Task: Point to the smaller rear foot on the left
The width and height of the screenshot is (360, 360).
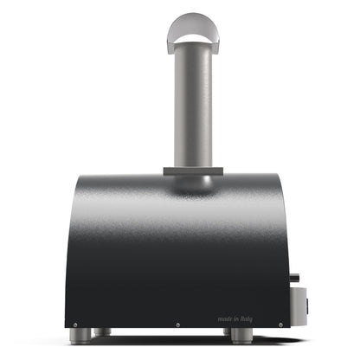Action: (105, 331)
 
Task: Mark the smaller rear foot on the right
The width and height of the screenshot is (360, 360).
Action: (228, 331)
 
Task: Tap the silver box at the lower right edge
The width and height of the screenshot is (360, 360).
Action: (298, 302)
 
